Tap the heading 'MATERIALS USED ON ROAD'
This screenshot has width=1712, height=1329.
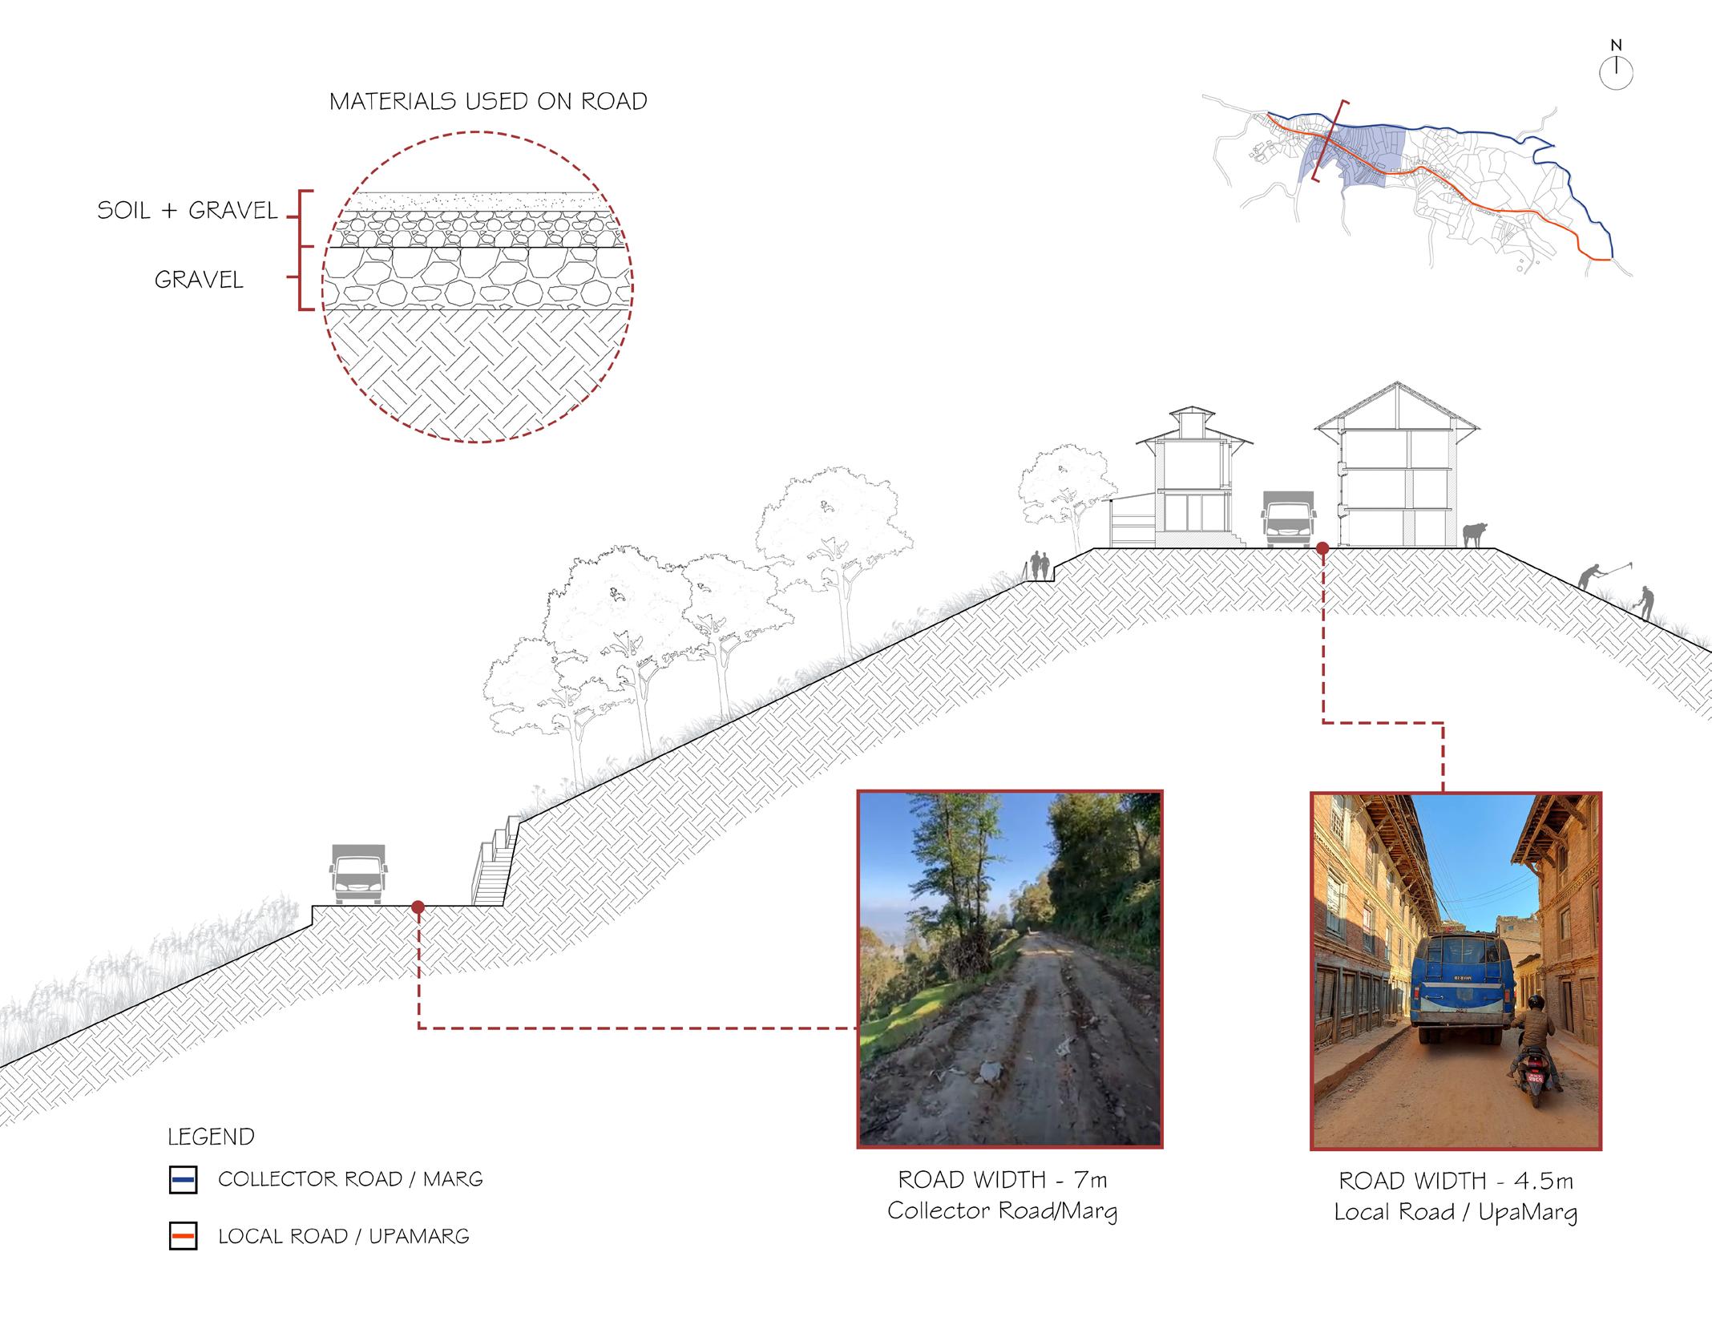tap(488, 102)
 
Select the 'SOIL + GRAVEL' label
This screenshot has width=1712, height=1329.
tap(188, 211)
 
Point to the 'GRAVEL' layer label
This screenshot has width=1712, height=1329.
tap(199, 280)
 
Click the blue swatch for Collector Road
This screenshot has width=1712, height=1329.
tap(184, 1180)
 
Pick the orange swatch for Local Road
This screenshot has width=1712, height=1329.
tap(184, 1237)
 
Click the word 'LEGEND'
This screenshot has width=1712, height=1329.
tap(211, 1137)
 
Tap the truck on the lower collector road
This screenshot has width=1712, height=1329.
tap(357, 874)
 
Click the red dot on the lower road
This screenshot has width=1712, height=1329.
tap(418, 907)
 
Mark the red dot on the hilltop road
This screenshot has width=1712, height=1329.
tap(1322, 548)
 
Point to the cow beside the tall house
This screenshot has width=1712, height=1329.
tap(1473, 534)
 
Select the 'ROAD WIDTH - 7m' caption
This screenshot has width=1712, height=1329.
tap(1003, 1180)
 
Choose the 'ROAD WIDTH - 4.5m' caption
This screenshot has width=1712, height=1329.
tap(1456, 1181)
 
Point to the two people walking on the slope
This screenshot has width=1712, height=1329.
tap(1040, 566)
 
